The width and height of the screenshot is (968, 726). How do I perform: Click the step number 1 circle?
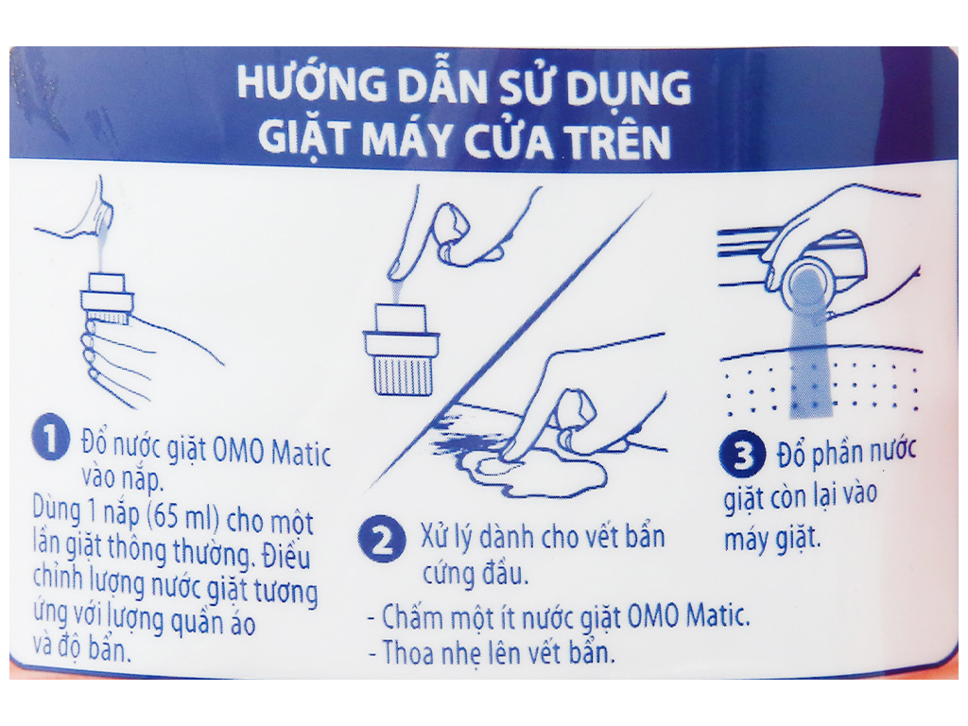(x=50, y=437)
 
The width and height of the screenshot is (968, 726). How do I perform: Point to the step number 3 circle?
(x=743, y=455)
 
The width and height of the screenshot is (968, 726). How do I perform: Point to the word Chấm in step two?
(x=413, y=616)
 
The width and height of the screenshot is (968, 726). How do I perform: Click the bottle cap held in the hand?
(x=108, y=298)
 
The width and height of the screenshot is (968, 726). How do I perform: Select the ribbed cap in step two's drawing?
(x=401, y=350)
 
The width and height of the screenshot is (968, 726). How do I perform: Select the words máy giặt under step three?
(x=773, y=538)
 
